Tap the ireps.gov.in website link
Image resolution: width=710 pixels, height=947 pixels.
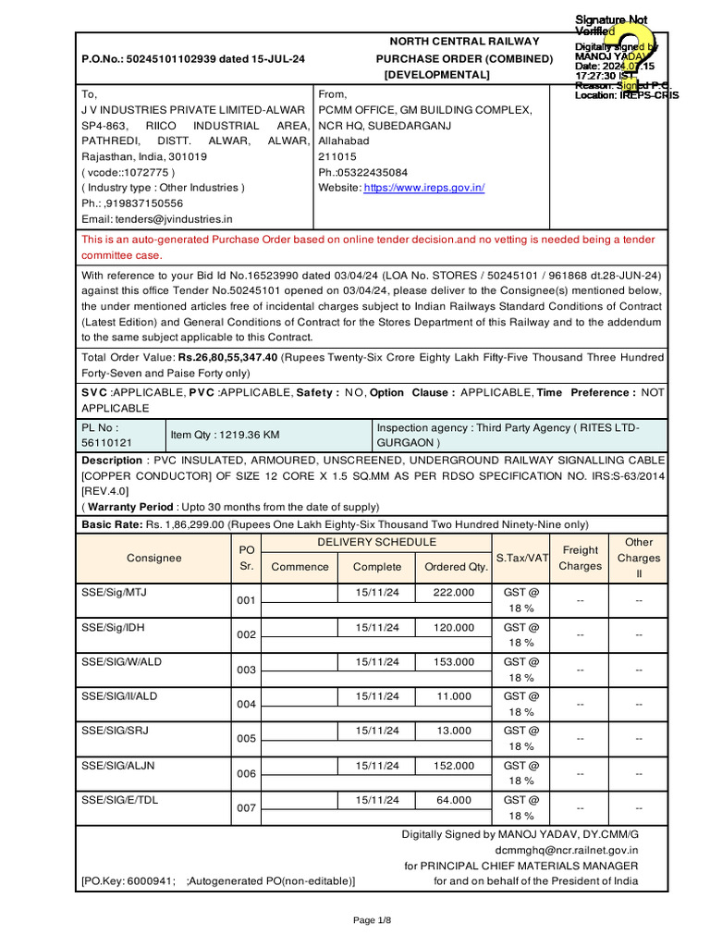(424, 188)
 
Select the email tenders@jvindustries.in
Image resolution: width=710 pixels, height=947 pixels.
(174, 219)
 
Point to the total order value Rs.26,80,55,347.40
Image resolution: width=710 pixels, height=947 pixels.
(228, 357)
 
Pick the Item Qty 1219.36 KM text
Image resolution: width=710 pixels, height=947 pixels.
(225, 434)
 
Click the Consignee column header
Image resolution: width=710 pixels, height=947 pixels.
(154, 559)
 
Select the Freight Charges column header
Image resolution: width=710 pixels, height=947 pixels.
(581, 558)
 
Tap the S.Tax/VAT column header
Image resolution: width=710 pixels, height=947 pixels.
(522, 558)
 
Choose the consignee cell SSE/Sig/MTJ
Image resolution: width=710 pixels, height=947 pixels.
(114, 592)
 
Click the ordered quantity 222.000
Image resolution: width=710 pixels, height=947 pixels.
(454, 592)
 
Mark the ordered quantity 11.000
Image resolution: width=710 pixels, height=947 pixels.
(454, 696)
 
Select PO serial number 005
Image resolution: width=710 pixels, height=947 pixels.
(246, 739)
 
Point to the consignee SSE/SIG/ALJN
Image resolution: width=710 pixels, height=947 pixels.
(119, 766)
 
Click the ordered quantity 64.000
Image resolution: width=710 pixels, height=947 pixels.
(454, 800)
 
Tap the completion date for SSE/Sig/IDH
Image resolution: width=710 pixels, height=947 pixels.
(377, 627)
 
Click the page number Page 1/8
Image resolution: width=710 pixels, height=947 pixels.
(373, 920)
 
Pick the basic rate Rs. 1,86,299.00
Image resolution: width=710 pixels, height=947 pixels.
(185, 523)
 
